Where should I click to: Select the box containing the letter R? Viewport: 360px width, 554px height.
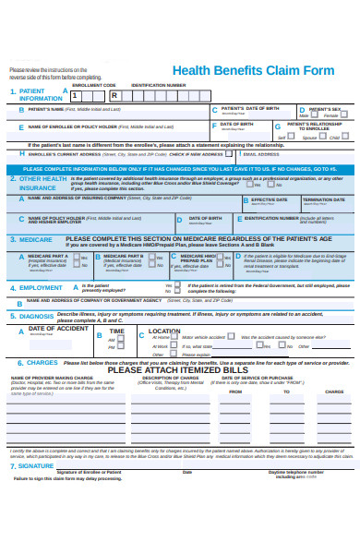click(x=114, y=95)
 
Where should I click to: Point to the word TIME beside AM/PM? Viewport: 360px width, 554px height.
click(x=116, y=331)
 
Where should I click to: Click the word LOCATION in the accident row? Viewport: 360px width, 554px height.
click(x=164, y=331)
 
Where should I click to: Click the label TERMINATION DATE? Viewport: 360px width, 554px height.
click(x=323, y=199)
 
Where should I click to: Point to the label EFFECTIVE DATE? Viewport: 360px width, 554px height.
click(x=269, y=199)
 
